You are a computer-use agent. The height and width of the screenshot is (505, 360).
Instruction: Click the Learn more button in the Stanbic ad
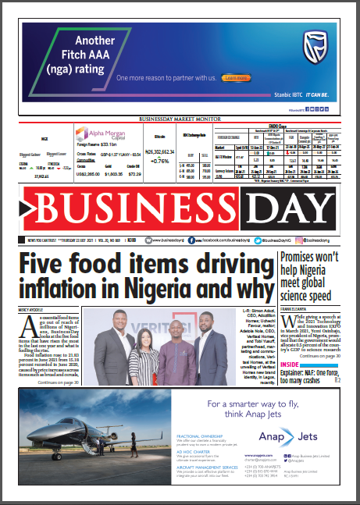coord(234,78)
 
